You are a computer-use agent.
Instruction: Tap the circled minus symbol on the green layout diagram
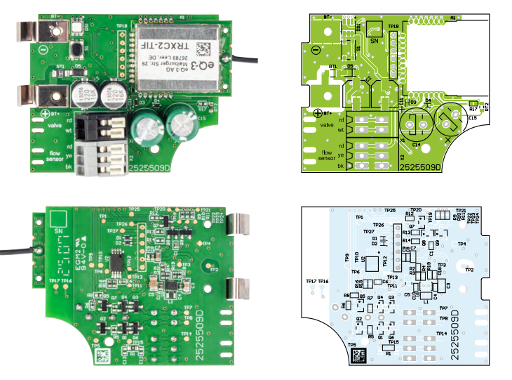coord(315,50)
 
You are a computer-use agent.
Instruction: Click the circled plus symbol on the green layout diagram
coord(318,112)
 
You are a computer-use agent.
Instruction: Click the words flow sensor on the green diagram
coord(326,155)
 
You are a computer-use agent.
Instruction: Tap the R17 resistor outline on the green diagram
coord(473,109)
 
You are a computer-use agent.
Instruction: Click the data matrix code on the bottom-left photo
coord(102,355)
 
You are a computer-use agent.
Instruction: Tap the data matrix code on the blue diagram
coord(359,355)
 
